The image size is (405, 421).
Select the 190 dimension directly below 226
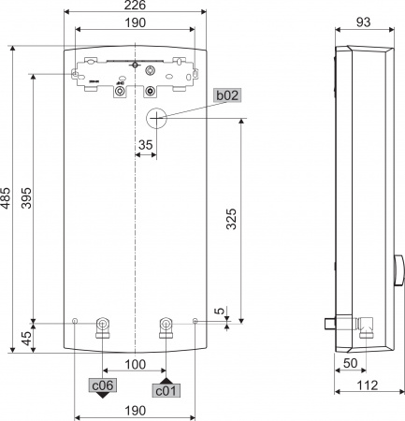point(136,22)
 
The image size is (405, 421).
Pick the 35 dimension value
point(145,145)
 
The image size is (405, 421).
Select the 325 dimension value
point(231,221)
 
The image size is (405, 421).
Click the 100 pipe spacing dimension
point(134,363)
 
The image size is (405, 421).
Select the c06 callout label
point(102,385)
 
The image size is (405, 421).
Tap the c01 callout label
point(166,391)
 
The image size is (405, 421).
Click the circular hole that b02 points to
point(157,118)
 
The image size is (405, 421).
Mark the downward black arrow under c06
point(102,396)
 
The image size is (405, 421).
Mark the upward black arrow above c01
point(166,380)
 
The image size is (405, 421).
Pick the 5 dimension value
point(219,311)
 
